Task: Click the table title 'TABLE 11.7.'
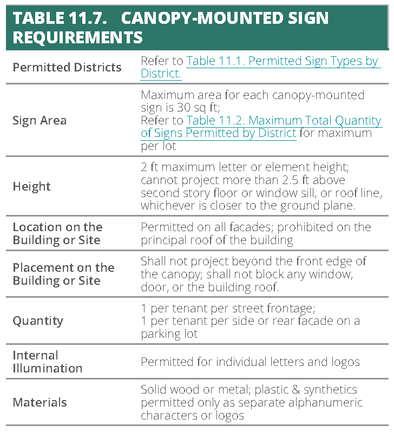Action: pyautogui.click(x=60, y=18)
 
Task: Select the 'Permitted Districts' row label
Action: pyautogui.click(x=67, y=68)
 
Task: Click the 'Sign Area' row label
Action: pyautogui.click(x=40, y=120)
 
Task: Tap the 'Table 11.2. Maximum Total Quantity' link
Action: pyautogui.click(x=284, y=120)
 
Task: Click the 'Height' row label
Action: pyautogui.click(x=31, y=186)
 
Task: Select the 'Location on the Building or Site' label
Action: pyautogui.click(x=57, y=233)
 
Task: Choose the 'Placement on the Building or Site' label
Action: pyautogui.click(x=63, y=274)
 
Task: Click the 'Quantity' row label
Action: pyautogui.click(x=38, y=320)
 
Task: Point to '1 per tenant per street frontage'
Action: pyautogui.click(x=227, y=307)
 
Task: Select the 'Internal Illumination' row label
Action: pyautogui.click(x=48, y=362)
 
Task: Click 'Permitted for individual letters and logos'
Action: pyautogui.click(x=250, y=362)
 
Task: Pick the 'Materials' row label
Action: pyautogui.click(x=40, y=402)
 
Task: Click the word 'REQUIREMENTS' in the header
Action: pyautogui.click(x=77, y=37)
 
